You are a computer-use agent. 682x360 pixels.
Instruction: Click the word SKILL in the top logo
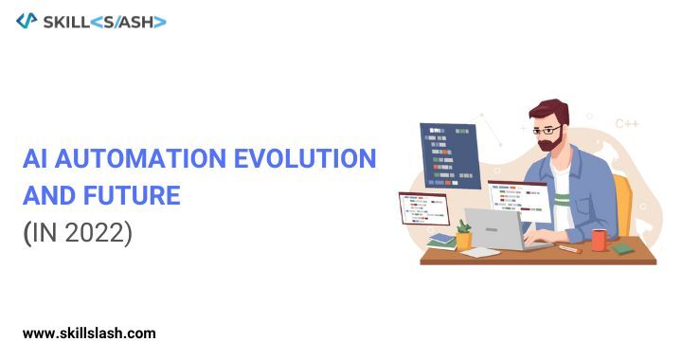(x=65, y=21)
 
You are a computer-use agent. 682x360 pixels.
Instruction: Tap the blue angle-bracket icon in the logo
(x=27, y=21)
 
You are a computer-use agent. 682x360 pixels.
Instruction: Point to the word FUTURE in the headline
(x=132, y=195)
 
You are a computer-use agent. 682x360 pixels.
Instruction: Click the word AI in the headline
(x=34, y=158)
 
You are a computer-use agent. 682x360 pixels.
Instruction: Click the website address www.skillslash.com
(x=89, y=333)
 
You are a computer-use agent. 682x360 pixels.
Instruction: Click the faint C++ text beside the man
(x=626, y=123)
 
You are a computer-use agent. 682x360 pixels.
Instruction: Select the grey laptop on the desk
(x=497, y=228)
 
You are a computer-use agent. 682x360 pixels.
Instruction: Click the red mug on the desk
(x=599, y=240)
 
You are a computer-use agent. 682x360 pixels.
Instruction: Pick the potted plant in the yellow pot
(x=463, y=235)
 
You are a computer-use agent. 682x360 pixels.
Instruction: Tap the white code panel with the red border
(x=423, y=207)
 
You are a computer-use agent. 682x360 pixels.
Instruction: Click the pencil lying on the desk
(x=569, y=249)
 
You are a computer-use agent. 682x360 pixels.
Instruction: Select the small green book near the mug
(x=621, y=248)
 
